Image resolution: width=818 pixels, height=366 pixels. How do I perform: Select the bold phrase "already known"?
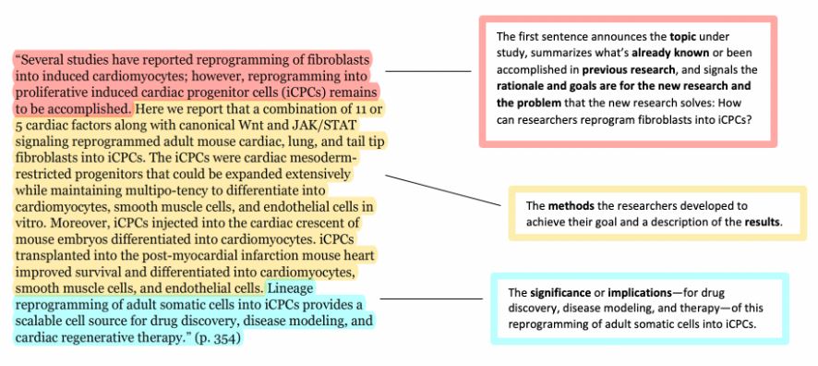click(664, 54)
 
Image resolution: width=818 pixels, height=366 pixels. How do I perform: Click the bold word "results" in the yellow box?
click(763, 222)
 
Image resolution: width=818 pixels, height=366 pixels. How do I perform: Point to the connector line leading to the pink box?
click(427, 71)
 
